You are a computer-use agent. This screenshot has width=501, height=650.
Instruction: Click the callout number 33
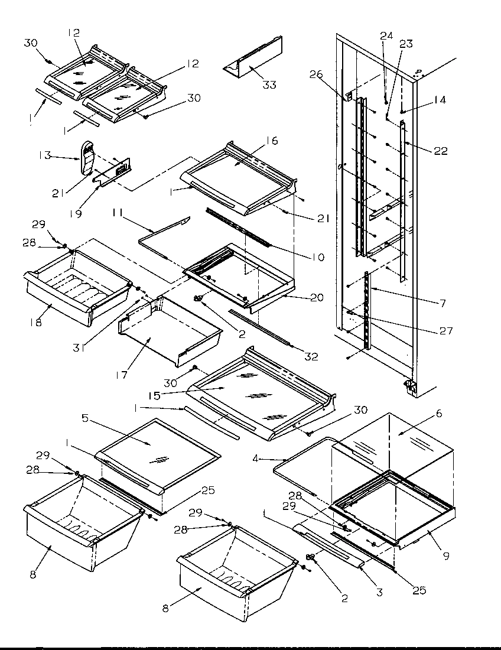269,84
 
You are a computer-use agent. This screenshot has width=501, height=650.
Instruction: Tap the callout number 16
272,141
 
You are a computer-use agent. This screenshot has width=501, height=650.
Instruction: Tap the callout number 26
315,74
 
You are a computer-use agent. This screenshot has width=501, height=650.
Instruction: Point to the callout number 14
439,101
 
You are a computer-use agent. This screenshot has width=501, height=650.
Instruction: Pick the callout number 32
311,356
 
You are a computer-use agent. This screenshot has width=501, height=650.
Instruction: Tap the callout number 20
317,297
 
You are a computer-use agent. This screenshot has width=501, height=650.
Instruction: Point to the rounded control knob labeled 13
87,158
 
